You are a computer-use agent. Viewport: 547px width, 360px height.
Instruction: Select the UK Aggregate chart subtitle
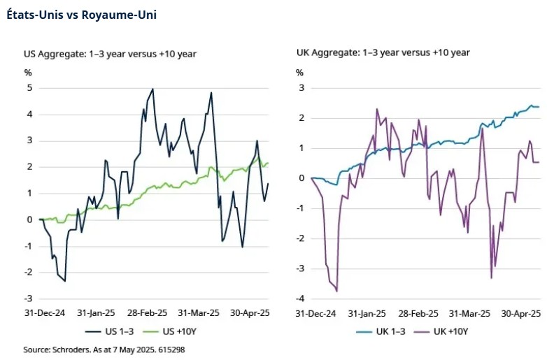click(x=383, y=52)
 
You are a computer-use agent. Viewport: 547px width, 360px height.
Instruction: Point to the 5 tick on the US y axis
click(x=29, y=88)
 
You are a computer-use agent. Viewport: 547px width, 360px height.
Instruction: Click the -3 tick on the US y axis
click(x=28, y=298)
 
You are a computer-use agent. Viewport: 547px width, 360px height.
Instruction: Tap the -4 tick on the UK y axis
click(x=299, y=298)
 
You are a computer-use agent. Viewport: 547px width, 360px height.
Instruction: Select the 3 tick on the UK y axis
click(x=301, y=88)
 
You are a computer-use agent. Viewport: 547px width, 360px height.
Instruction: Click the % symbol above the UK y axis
click(x=299, y=72)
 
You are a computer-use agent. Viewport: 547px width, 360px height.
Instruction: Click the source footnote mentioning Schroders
click(x=104, y=348)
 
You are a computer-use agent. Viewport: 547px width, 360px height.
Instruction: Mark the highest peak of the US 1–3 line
click(x=152, y=89)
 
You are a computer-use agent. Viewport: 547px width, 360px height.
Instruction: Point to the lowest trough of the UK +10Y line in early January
click(x=336, y=291)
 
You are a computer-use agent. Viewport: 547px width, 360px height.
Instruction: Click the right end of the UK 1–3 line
click(x=538, y=106)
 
